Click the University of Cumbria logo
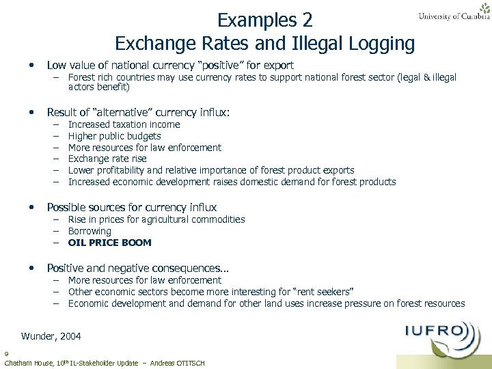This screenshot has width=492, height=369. pos(454,12)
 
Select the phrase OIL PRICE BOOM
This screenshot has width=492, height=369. pos(109,243)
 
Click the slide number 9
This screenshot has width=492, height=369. pos(5,354)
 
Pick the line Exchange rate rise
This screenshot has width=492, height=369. pos(107,159)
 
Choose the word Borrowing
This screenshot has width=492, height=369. pos(90,231)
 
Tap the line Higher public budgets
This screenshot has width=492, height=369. pos(114,136)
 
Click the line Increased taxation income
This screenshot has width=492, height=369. pos(124,124)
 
